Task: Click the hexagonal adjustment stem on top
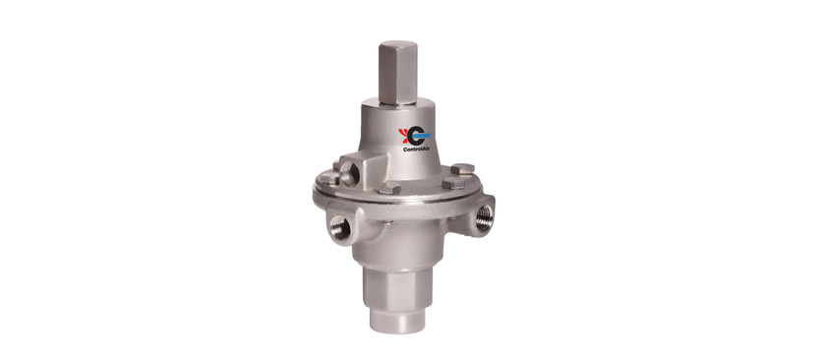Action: [x=398, y=72]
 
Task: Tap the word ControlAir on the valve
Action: [x=416, y=150]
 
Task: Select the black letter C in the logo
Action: [x=415, y=136]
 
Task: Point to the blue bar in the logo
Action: [x=421, y=136]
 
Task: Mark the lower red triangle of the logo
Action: [x=403, y=140]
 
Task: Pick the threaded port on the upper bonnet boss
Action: [x=349, y=173]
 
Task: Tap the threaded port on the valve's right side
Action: [x=484, y=216]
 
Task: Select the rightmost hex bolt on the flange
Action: [x=462, y=169]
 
